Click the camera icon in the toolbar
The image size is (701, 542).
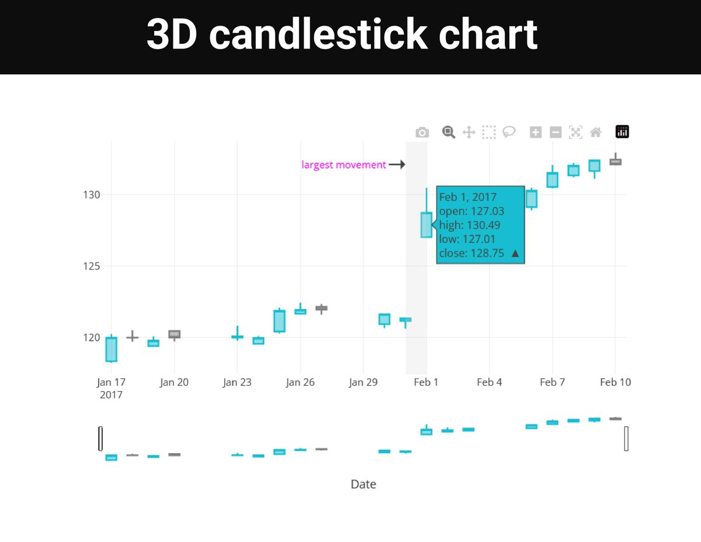coord(422,133)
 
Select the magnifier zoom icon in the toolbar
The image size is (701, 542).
coord(448,132)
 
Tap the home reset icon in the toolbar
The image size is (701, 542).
coord(596,132)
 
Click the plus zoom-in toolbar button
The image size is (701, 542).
coord(535,132)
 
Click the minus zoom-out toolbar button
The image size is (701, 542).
coord(556,132)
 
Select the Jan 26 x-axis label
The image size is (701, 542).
coord(300,382)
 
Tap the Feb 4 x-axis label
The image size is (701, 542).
coord(489,382)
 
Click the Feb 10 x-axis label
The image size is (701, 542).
coord(615,382)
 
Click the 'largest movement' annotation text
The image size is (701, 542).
coord(343,165)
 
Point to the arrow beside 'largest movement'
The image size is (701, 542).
coord(397,165)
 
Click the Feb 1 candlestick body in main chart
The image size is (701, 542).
coord(426,225)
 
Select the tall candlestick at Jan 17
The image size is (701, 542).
coord(111,349)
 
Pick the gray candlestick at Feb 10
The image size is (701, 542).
coord(615,162)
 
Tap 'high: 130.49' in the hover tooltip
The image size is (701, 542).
coord(469,225)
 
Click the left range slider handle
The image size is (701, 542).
coord(100,439)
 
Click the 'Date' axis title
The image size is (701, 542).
coord(363,484)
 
